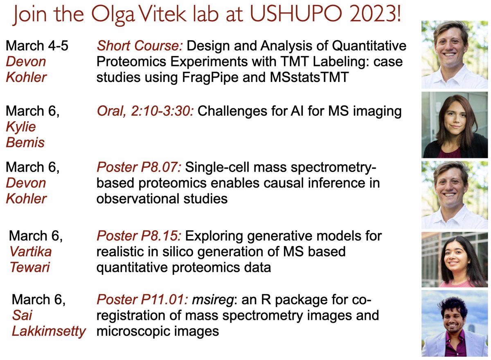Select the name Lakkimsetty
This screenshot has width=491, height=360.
click(49, 331)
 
